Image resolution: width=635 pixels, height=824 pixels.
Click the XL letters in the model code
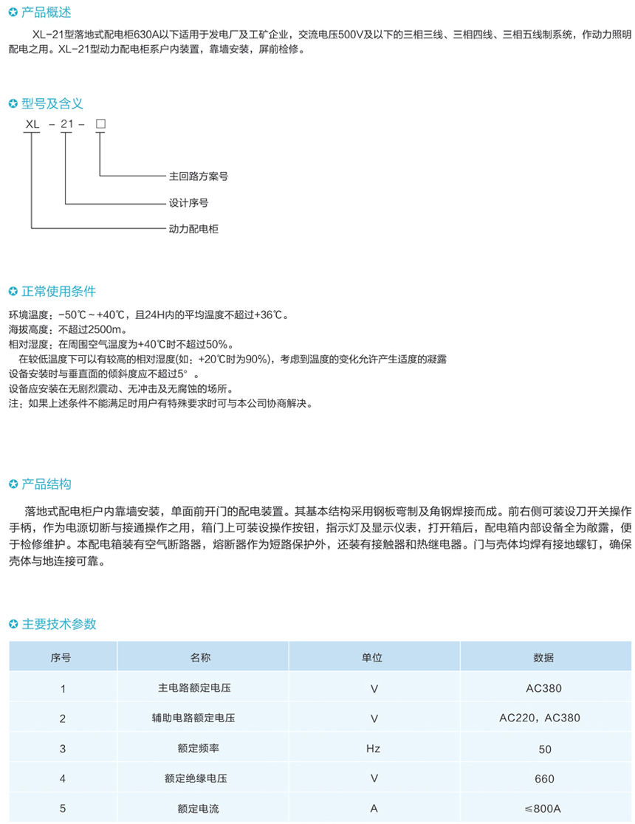[x=32, y=125]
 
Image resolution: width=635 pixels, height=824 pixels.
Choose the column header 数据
[x=543, y=656]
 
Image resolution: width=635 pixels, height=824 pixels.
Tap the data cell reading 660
[x=543, y=778]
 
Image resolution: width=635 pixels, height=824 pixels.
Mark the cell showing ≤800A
[x=543, y=808]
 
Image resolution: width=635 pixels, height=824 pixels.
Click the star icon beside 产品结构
[x=13, y=485]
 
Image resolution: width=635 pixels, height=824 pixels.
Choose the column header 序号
[x=63, y=656]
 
